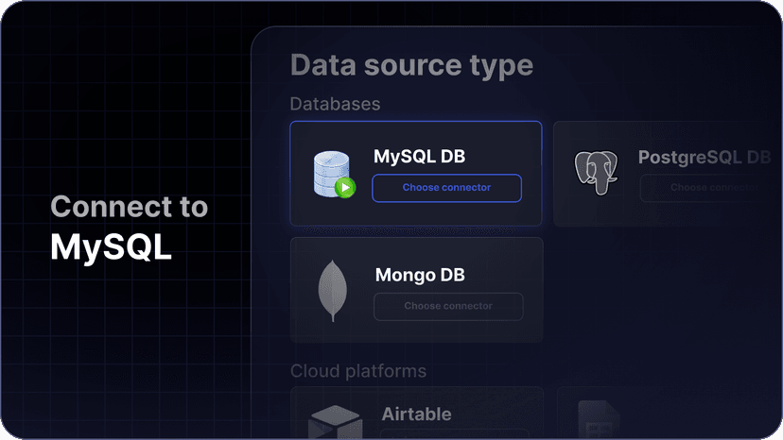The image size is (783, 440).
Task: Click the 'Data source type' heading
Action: (x=411, y=65)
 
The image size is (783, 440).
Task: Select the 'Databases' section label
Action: (x=335, y=103)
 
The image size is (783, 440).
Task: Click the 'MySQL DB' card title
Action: (x=419, y=156)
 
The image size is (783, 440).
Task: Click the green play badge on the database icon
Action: (x=345, y=188)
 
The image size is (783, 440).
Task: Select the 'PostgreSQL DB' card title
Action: (x=705, y=157)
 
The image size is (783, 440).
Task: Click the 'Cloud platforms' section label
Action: (x=358, y=371)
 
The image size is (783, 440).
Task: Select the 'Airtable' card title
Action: (x=416, y=414)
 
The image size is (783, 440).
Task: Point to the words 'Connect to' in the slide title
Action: (x=129, y=207)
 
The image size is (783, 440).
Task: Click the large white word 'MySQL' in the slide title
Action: (x=111, y=247)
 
